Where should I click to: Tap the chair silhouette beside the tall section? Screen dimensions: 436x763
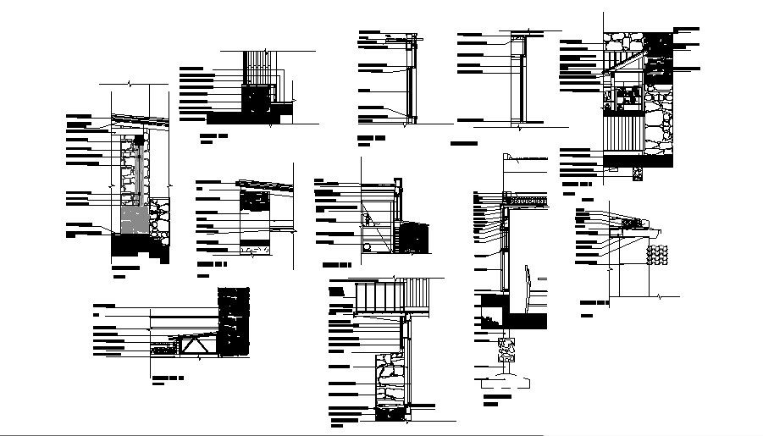tap(528, 288)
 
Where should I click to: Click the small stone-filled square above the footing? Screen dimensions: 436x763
tap(506, 348)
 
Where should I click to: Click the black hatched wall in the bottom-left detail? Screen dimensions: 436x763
tap(234, 322)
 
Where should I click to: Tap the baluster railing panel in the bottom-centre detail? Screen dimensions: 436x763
tap(392, 297)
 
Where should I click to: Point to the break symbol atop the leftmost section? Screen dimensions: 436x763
tap(129, 84)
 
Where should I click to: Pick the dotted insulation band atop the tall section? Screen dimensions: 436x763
tap(529, 201)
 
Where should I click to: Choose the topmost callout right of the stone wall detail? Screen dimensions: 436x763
tap(687, 30)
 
